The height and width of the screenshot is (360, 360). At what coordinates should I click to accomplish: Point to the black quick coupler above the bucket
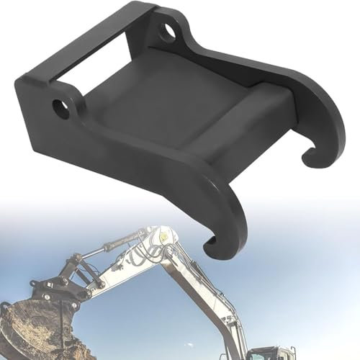pyautogui.click(x=54, y=288)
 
